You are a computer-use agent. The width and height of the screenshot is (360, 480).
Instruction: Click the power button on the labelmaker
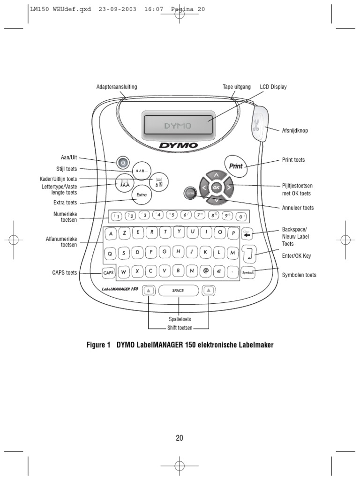pyautogui.click(x=122, y=163)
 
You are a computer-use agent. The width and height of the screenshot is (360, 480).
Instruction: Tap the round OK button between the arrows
pyautogui.click(x=216, y=187)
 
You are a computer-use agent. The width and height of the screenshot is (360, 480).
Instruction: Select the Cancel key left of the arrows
pyautogui.click(x=190, y=193)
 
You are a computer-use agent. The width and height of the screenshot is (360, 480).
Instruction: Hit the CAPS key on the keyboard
pyautogui.click(x=108, y=272)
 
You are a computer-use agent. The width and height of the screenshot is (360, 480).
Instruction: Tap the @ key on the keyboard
pyautogui.click(x=205, y=270)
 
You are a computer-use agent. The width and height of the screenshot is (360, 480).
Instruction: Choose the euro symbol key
pyautogui.click(x=219, y=270)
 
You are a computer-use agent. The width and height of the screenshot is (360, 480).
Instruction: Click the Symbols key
pyautogui.click(x=248, y=272)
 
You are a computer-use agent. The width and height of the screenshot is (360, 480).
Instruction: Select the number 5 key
pyautogui.click(x=172, y=216)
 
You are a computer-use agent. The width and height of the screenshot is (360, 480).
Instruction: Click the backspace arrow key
pyautogui.click(x=247, y=233)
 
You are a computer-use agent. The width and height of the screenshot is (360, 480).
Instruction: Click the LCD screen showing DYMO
pyautogui.click(x=178, y=126)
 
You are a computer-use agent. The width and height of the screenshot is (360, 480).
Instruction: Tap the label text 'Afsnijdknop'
pyautogui.click(x=295, y=131)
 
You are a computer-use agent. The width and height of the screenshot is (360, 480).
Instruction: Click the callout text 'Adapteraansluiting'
pyautogui.click(x=117, y=87)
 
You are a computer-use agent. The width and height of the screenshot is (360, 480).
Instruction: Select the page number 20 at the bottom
pyautogui.click(x=180, y=438)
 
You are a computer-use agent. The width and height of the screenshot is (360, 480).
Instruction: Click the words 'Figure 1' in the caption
pyautogui.click(x=98, y=345)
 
